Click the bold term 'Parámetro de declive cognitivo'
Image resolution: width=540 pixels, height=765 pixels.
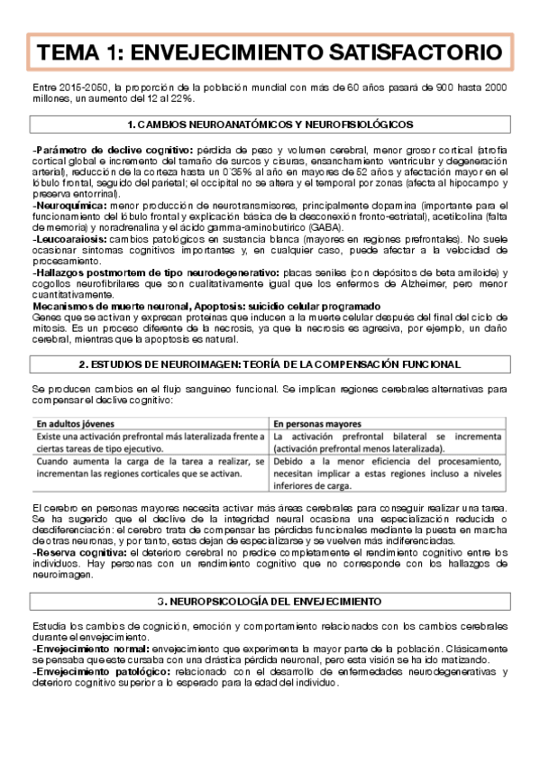pos(113,150)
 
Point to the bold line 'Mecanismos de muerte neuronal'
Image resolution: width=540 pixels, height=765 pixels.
pos(117,306)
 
